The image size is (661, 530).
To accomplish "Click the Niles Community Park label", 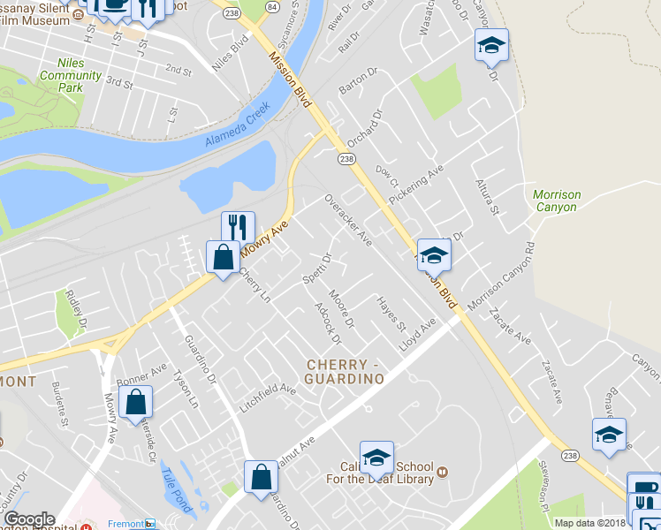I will tap(70, 76).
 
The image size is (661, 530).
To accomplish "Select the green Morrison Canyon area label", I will tap(556, 201).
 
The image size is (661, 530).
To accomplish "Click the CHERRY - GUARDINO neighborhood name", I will tap(346, 371).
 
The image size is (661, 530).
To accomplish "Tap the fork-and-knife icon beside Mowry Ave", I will tap(238, 227).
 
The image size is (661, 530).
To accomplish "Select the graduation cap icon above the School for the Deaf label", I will tap(376, 456).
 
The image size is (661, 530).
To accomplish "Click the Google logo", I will tap(29, 519).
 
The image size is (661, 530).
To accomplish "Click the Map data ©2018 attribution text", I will tap(590, 523).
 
